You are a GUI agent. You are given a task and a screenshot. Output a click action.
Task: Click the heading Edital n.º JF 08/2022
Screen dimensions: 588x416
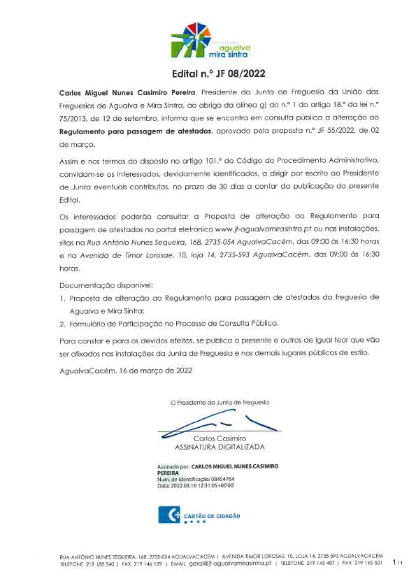[x=208, y=73]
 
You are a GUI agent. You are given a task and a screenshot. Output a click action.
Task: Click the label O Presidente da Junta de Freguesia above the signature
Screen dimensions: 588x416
[x=220, y=403]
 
